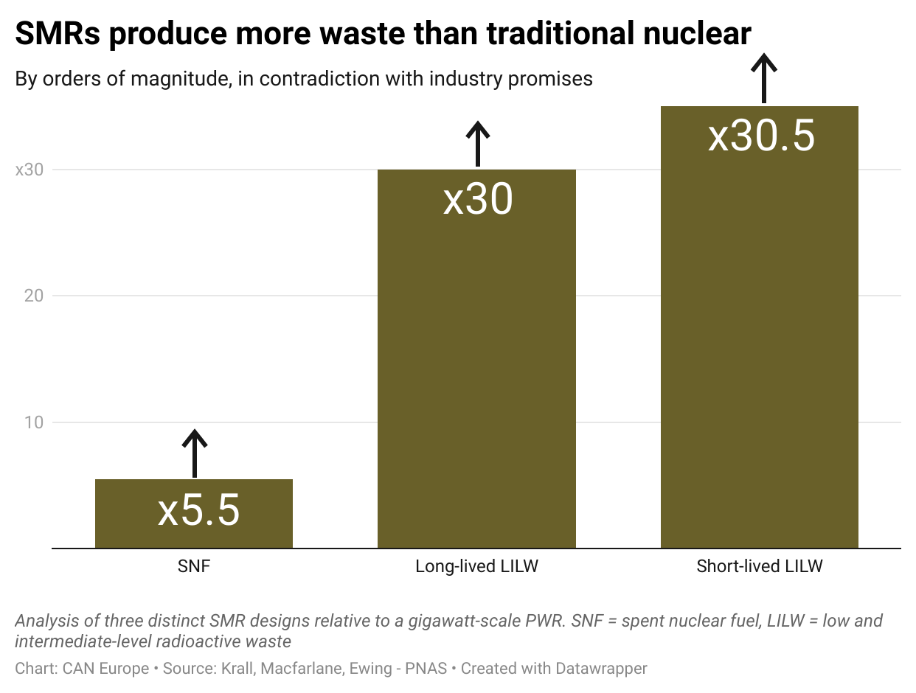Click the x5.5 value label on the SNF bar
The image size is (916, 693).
tap(198, 511)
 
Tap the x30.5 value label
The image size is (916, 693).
tap(761, 136)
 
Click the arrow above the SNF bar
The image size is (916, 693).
tap(195, 453)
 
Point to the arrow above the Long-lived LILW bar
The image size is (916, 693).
tap(478, 144)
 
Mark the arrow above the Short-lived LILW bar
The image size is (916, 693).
tap(764, 77)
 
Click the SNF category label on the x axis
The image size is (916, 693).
tap(194, 567)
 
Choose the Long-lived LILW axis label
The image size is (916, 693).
tap(476, 567)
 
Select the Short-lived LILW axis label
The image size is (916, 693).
tap(760, 567)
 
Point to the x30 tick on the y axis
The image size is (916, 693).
tap(30, 170)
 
